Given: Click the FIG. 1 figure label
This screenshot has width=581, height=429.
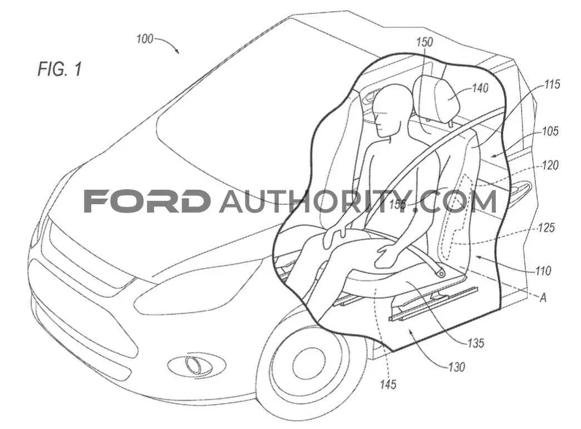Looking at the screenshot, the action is (x=60, y=69).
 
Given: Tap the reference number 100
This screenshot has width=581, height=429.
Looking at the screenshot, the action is (x=145, y=38).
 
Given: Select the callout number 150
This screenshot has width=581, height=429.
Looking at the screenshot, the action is (x=424, y=42).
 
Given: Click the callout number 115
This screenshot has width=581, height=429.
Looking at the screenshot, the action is (x=552, y=85).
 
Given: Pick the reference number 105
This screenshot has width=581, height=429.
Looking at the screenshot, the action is (x=550, y=131).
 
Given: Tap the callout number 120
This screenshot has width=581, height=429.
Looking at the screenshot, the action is (x=550, y=165).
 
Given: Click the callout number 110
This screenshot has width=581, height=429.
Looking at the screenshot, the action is (x=543, y=271).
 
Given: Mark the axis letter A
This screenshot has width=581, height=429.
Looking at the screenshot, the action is (x=543, y=298).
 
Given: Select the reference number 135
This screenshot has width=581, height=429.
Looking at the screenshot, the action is (x=476, y=343).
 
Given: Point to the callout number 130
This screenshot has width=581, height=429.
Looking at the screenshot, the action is (x=456, y=367).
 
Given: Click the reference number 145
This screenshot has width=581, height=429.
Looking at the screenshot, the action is (x=388, y=384).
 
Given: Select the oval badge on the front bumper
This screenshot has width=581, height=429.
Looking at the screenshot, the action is (x=196, y=366).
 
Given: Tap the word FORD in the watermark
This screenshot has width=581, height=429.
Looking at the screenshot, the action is (x=145, y=201).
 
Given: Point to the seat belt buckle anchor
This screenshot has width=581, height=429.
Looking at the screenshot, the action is (x=440, y=273).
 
